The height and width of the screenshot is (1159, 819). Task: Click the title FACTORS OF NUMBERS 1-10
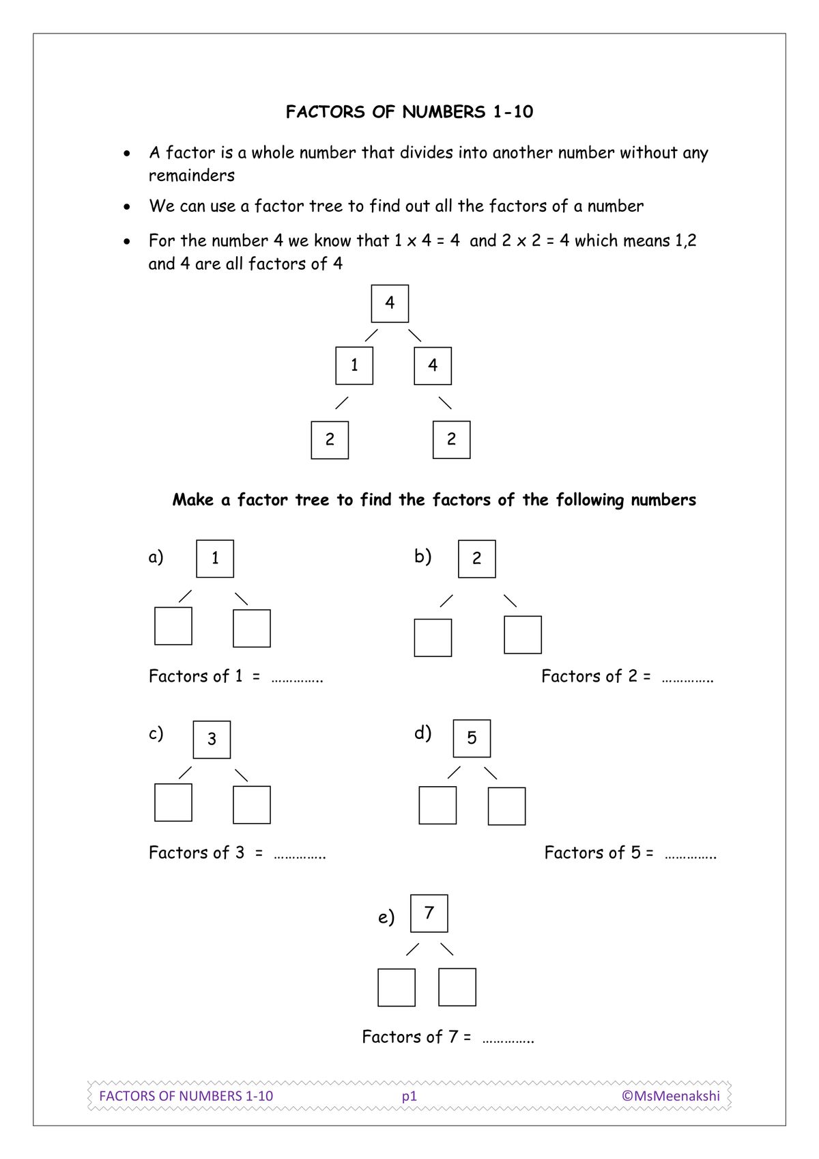409,112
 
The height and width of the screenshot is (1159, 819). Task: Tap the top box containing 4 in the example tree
390,303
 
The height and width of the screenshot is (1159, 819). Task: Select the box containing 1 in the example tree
354,366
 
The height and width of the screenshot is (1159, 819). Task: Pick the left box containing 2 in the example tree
330,440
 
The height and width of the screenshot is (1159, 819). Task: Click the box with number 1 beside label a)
215,559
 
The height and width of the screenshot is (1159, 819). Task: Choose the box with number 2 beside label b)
476,559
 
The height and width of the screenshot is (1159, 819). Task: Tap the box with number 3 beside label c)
212,739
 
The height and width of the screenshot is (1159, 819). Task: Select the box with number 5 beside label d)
472,738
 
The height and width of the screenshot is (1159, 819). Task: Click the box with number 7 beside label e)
429,913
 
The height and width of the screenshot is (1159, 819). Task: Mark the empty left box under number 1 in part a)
173,626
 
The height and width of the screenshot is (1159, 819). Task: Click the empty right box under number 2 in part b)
523,634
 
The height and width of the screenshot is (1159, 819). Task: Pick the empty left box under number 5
437,805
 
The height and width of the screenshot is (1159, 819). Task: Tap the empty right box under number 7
457,987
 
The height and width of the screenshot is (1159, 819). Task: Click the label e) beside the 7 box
386,917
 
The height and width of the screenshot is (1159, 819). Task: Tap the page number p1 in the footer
409,1096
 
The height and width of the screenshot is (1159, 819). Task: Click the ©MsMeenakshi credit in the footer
670,1095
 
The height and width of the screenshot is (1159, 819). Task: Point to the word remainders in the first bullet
192,176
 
